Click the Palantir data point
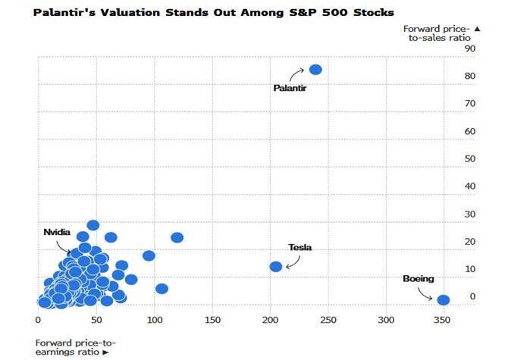(x=315, y=70)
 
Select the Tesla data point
(x=276, y=266)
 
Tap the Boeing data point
(x=444, y=300)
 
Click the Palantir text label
(x=289, y=88)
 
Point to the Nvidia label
(x=58, y=232)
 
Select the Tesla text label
(x=300, y=248)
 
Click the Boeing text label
(x=419, y=279)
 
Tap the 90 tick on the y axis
(x=470, y=49)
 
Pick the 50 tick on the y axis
(x=470, y=159)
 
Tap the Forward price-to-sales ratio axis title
(x=437, y=33)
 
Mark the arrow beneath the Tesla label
(x=293, y=261)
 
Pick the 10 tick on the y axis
(x=470, y=269)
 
